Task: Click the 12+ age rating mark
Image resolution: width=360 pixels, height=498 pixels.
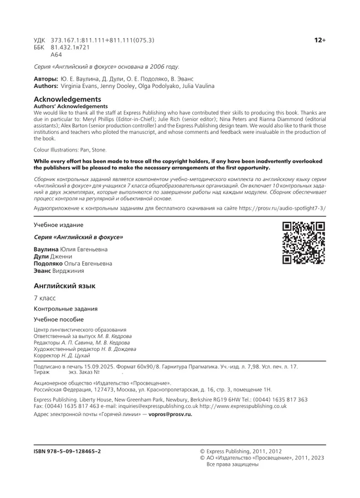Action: tap(320, 40)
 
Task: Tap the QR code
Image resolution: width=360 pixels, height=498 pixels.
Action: tap(304, 242)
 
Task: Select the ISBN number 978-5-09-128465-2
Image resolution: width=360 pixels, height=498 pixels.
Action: tap(68, 451)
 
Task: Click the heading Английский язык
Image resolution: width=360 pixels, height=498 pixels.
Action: tap(65, 286)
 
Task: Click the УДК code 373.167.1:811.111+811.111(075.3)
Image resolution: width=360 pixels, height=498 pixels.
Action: tap(102, 40)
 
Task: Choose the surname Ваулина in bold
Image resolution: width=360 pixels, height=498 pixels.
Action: tap(46, 250)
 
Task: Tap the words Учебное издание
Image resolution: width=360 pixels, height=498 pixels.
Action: tap(59, 225)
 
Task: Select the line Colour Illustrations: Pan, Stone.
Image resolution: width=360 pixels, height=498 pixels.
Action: tap(70, 149)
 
